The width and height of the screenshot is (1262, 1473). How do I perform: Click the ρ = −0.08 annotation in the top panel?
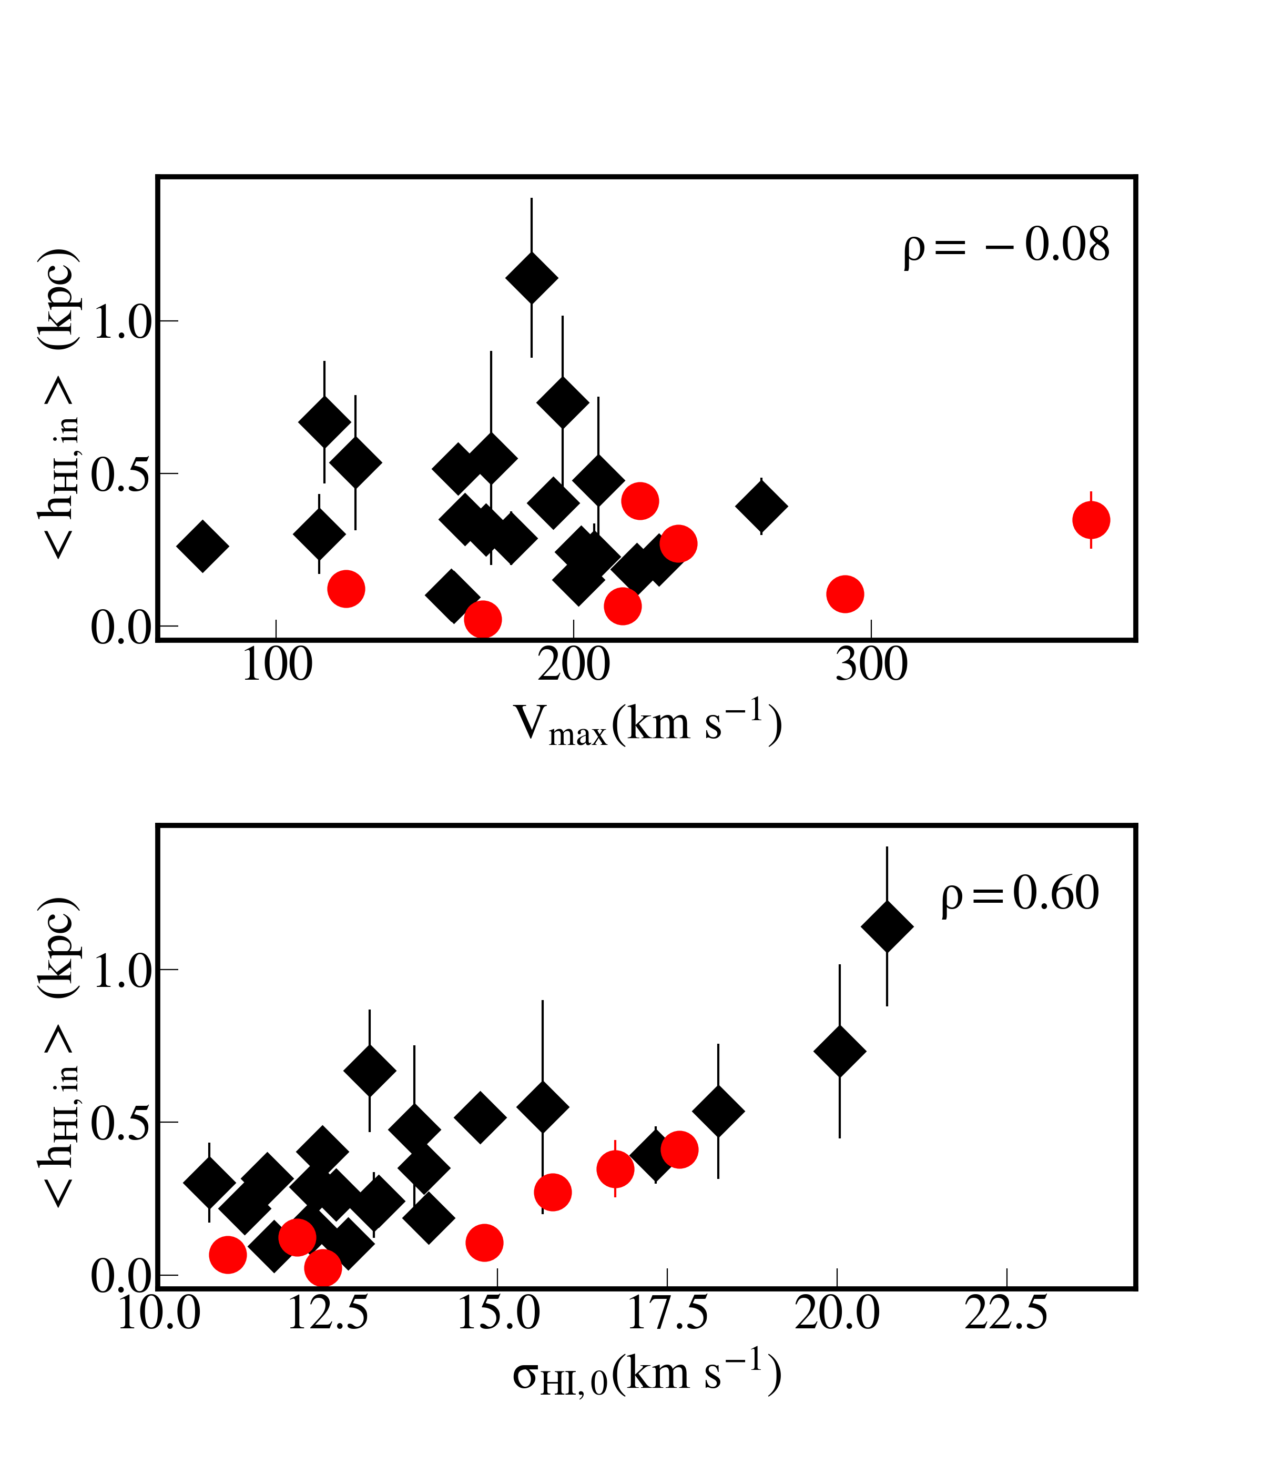(1006, 246)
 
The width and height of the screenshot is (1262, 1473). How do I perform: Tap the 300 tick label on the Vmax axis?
(871, 665)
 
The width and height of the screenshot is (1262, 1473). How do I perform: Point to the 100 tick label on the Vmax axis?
(277, 665)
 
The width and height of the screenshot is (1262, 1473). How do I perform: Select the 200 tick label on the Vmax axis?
(574, 665)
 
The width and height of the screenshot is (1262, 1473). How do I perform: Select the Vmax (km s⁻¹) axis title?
(648, 724)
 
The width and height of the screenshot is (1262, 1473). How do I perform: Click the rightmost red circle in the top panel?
(1091, 520)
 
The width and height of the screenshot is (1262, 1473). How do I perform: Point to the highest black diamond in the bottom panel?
(887, 926)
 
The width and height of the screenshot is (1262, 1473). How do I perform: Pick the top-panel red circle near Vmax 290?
(845, 594)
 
